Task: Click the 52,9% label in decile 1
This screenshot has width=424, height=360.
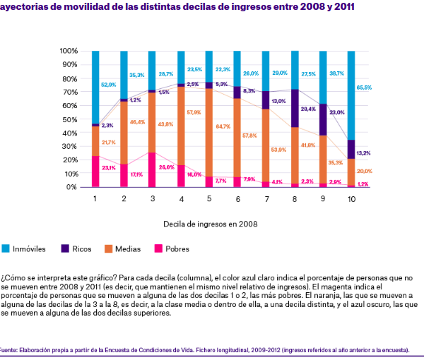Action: click(x=108, y=85)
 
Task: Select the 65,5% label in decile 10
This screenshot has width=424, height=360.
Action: click(x=364, y=88)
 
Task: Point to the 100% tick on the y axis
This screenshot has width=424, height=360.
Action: click(x=69, y=52)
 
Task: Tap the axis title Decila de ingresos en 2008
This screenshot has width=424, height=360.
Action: click(x=210, y=224)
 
